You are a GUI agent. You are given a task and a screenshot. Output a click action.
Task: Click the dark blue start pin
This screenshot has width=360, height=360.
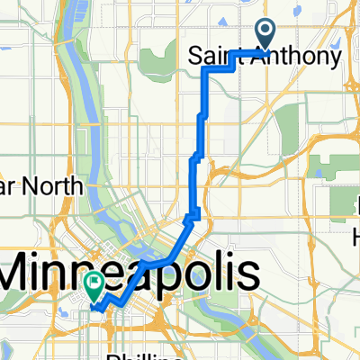coord(265,31)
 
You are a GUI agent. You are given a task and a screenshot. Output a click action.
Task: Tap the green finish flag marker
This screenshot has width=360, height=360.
coord(94,283)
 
